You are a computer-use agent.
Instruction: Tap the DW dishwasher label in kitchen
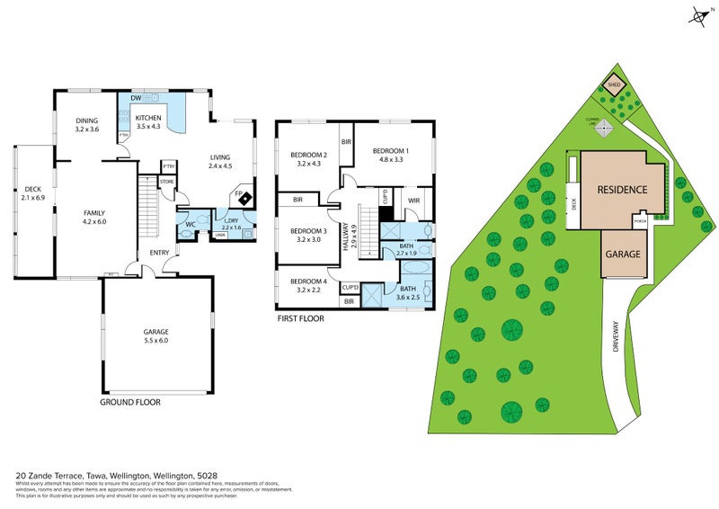(x=136, y=98)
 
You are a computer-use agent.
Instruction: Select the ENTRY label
(x=159, y=253)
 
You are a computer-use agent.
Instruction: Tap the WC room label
(x=191, y=224)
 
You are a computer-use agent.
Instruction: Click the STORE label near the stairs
(x=166, y=183)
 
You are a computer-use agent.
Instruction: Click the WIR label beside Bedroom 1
(x=414, y=200)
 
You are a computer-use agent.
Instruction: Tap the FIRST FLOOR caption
(x=300, y=317)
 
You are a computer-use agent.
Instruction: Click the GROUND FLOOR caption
(x=129, y=402)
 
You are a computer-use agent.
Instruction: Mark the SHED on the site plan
(x=614, y=86)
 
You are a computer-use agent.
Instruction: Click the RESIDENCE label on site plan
(x=624, y=191)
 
